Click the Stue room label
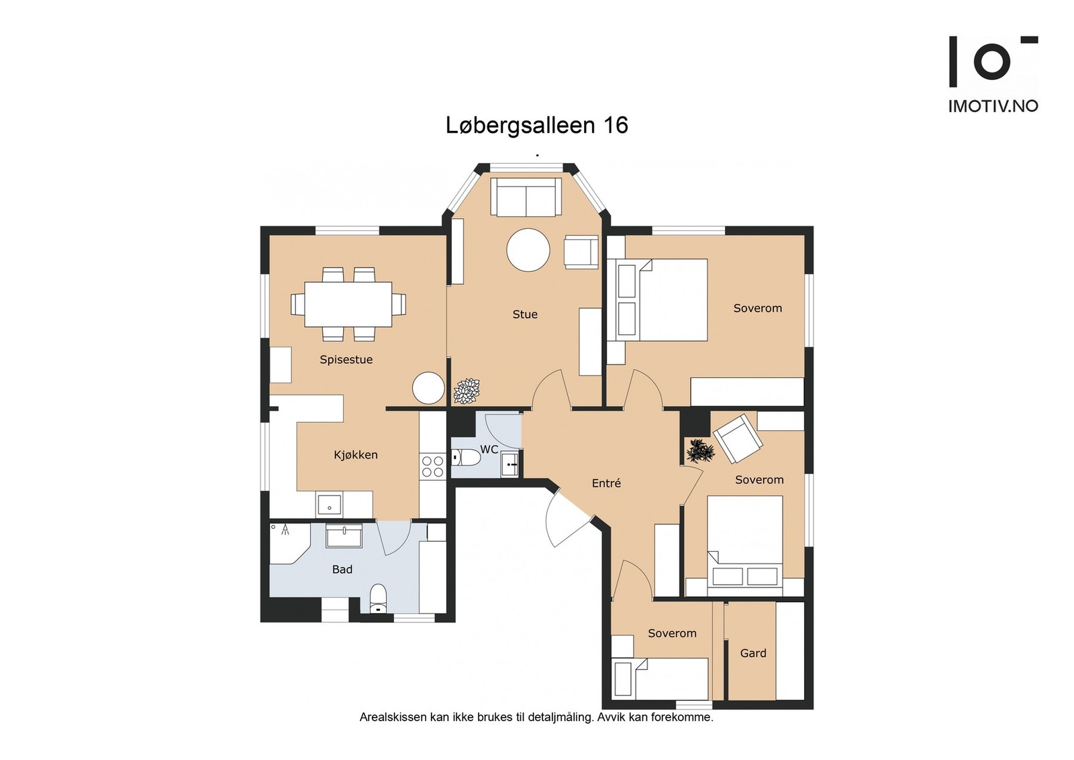[525, 315]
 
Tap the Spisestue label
[346, 360]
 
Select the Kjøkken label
[356, 455]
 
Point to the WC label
[489, 449]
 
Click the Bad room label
[342, 569]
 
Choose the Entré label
[606, 483]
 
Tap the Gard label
[753, 653]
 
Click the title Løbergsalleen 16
[537, 126]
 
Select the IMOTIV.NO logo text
[993, 106]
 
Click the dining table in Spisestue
[348, 305]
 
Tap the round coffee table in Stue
[528, 250]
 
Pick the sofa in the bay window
[526, 197]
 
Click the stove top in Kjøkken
[432, 467]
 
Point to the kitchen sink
[329, 504]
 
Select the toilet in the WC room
[466, 458]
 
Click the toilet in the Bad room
[379, 598]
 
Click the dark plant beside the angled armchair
[701, 450]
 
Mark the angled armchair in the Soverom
[738, 438]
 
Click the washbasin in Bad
[344, 536]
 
